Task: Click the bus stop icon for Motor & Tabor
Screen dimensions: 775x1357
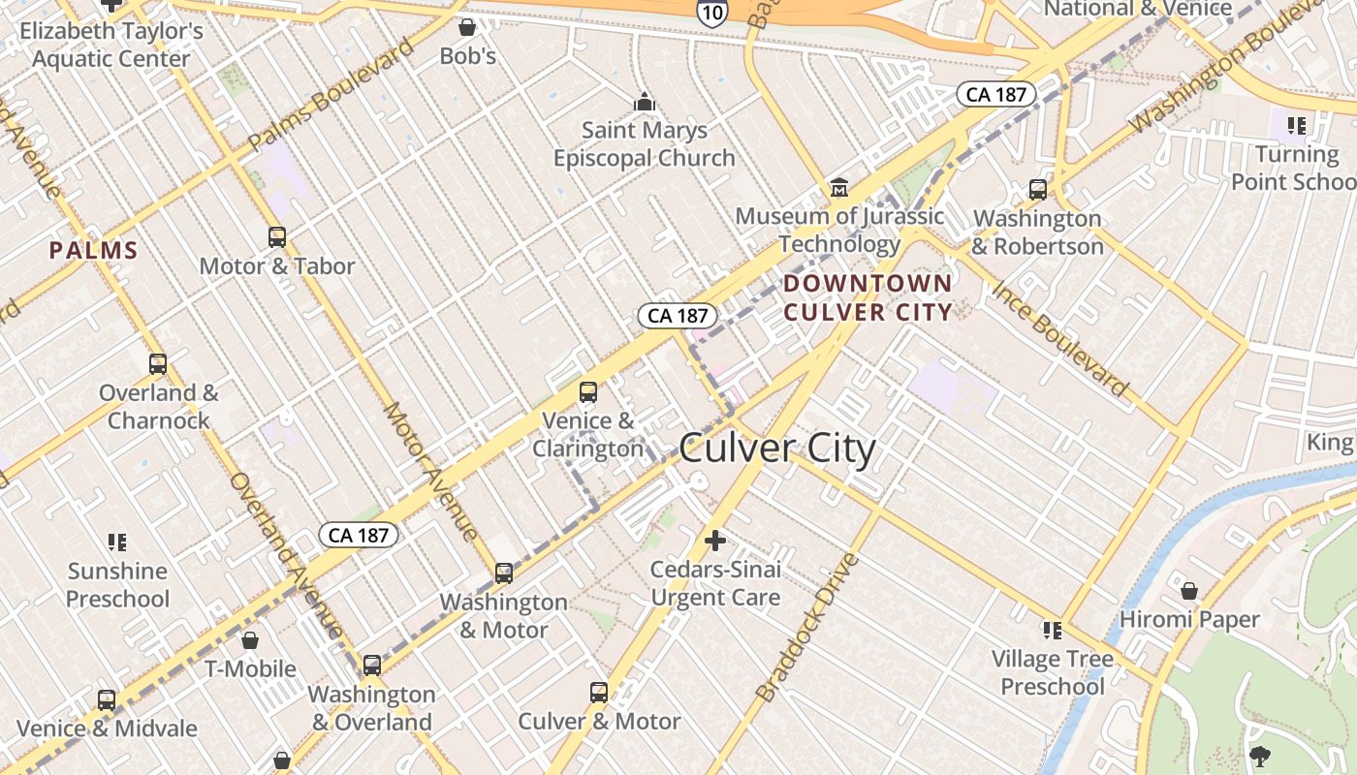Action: point(277,236)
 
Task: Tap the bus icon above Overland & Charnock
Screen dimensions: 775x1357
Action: point(158,364)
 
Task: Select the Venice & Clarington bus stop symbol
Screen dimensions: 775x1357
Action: point(587,392)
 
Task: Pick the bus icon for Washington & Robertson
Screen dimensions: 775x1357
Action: point(1038,189)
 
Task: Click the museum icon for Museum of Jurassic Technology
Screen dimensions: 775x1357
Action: point(839,187)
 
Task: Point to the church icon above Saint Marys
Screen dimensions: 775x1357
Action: point(645,102)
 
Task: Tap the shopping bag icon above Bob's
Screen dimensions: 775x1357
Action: point(467,27)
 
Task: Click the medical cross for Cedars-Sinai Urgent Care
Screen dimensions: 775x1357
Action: point(715,541)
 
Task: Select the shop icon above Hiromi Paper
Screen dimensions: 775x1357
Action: point(1189,591)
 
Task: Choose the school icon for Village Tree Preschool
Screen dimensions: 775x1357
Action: point(1053,631)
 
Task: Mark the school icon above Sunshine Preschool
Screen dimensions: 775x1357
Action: point(117,542)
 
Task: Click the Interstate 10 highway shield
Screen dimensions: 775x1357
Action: point(710,12)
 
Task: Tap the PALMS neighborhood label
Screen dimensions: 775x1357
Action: point(94,251)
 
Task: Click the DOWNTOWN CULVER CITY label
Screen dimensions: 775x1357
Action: point(868,297)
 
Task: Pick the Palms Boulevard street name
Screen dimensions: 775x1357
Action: point(331,94)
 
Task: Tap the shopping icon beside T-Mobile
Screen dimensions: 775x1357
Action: point(250,640)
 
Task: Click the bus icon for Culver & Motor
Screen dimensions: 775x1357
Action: point(599,693)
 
